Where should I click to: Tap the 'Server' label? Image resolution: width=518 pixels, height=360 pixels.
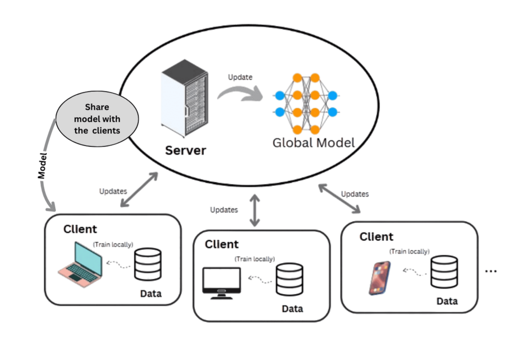point(185,150)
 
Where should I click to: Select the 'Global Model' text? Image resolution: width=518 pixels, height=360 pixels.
point(313,142)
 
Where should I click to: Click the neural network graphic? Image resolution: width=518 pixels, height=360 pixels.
point(306,104)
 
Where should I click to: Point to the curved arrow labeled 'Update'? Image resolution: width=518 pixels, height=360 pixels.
point(239,92)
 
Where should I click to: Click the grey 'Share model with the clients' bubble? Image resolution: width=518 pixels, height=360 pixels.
point(97,119)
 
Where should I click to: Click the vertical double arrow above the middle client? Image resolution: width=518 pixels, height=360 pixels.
point(255,210)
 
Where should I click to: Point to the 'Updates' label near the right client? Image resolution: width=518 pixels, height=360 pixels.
point(355,194)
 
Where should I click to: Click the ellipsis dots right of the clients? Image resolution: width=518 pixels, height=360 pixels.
point(491,271)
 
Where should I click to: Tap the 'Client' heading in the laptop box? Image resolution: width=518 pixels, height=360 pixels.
point(80,229)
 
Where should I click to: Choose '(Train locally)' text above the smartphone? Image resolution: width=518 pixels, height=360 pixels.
point(409,251)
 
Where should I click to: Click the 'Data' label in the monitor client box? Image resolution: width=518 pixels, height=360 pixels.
point(292,309)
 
